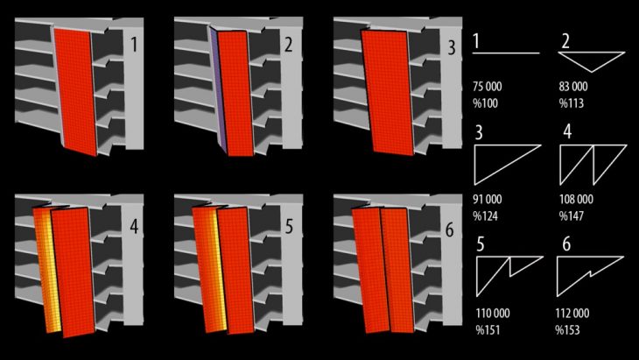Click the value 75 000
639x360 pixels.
[488, 87]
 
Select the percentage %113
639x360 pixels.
[572, 103]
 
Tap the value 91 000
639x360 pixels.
[488, 200]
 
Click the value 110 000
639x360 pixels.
[493, 313]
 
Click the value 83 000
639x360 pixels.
[573, 87]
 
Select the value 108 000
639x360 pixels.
[576, 200]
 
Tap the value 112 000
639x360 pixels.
[572, 313]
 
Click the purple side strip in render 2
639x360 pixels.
[219, 89]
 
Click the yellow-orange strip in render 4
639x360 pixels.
[48, 269]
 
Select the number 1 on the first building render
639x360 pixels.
[134, 45]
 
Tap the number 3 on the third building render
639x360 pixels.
[452, 47]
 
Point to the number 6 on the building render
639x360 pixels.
[450, 230]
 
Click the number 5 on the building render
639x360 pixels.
[290, 227]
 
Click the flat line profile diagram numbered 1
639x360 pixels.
[506, 53]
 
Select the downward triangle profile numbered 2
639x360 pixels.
[592, 60]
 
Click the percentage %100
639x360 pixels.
[485, 103]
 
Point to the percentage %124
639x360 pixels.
[485, 216]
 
